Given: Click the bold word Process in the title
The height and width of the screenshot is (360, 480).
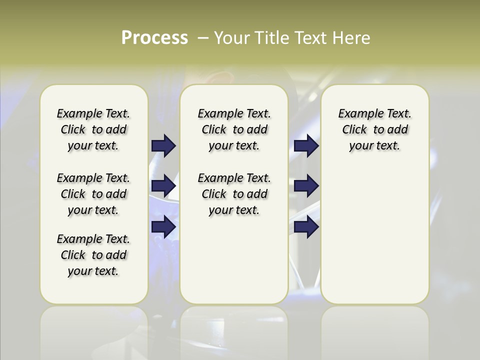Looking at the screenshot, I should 154,38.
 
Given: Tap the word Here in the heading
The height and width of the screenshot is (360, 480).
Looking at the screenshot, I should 352,38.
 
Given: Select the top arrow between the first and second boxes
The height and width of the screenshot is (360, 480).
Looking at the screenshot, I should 163,146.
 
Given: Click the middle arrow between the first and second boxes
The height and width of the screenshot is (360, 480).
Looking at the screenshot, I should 163,186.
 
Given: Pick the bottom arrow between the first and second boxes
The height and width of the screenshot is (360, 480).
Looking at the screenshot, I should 163,226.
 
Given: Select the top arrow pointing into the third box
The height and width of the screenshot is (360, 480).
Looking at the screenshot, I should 306,146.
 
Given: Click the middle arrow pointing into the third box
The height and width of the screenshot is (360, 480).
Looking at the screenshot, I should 306,186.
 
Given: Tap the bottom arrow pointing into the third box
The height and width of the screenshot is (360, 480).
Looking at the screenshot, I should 306,227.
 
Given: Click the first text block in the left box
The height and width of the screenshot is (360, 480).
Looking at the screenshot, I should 93,129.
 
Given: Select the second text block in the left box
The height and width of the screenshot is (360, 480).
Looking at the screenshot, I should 93,194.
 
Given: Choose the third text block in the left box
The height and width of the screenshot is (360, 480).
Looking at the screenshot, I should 93,255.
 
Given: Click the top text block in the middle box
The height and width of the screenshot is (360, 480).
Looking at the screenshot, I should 234,129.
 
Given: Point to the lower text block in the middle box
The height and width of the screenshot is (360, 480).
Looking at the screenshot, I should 234,194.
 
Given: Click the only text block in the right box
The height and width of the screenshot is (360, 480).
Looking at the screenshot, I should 374,129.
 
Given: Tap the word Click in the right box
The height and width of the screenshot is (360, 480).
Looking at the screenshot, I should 354,130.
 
